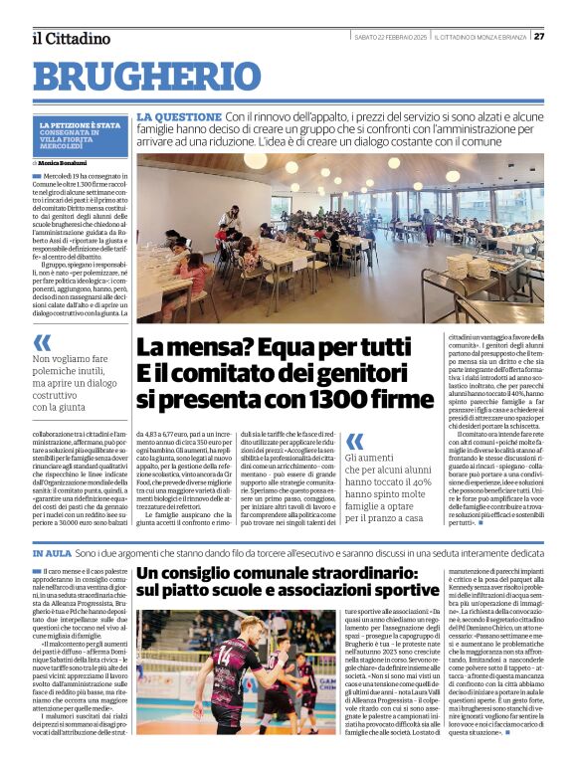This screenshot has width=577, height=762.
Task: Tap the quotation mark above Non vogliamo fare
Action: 43,342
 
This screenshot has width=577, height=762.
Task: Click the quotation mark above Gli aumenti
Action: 355,441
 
